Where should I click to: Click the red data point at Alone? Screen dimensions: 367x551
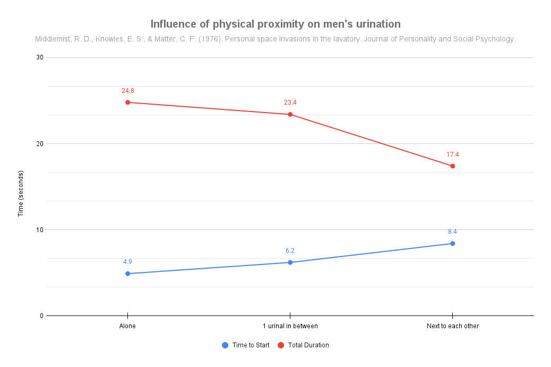(x=127, y=102)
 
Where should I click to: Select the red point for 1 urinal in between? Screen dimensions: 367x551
(x=290, y=114)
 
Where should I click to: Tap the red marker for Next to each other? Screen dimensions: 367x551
(x=452, y=166)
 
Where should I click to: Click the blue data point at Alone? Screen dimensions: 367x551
(x=127, y=274)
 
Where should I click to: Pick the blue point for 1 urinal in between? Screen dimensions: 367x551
(x=290, y=262)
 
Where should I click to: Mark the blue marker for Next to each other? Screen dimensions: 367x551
(x=452, y=243)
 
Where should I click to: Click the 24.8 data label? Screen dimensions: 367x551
(x=127, y=91)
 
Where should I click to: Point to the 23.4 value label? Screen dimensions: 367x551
(x=290, y=103)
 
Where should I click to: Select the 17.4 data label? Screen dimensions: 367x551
(x=452, y=155)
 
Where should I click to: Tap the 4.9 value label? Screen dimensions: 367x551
(x=127, y=262)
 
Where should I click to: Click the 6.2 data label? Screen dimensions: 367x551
(x=290, y=251)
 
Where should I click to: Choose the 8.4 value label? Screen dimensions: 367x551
(x=452, y=232)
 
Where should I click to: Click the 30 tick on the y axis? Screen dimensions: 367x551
(x=40, y=57)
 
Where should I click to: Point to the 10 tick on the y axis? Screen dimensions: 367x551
(x=40, y=229)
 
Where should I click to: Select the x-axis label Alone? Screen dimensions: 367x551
(x=127, y=326)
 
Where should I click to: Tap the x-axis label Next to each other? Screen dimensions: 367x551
(x=452, y=326)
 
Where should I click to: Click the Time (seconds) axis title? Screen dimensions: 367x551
(x=21, y=193)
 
